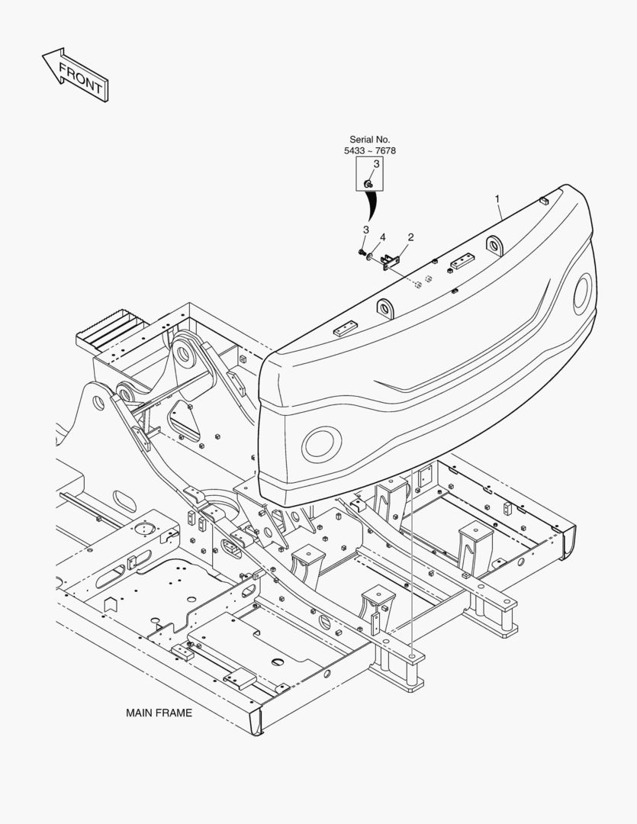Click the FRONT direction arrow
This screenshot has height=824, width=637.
point(76,75)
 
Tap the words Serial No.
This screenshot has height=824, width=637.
point(370,140)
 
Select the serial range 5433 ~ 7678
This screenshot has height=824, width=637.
point(370,151)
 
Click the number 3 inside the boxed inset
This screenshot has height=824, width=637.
point(376,164)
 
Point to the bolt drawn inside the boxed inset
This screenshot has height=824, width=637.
point(368,184)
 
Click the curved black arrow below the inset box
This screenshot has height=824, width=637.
point(373,205)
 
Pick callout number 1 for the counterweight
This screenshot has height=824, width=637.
point(497,199)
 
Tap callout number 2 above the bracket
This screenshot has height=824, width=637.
point(410,237)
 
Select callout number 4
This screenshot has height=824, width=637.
point(383,237)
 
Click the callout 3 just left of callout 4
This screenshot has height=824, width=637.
point(366,230)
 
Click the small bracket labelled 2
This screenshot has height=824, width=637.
point(390,262)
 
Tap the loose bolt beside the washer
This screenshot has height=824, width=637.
point(362,253)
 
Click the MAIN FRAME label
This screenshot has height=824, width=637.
point(159,713)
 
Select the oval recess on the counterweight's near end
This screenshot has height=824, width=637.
point(321,444)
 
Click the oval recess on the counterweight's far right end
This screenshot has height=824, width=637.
point(582,294)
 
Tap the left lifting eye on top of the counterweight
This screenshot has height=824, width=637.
point(385,308)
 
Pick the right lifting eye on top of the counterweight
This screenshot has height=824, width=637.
point(494,245)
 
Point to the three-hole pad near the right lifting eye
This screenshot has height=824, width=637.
point(462,261)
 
